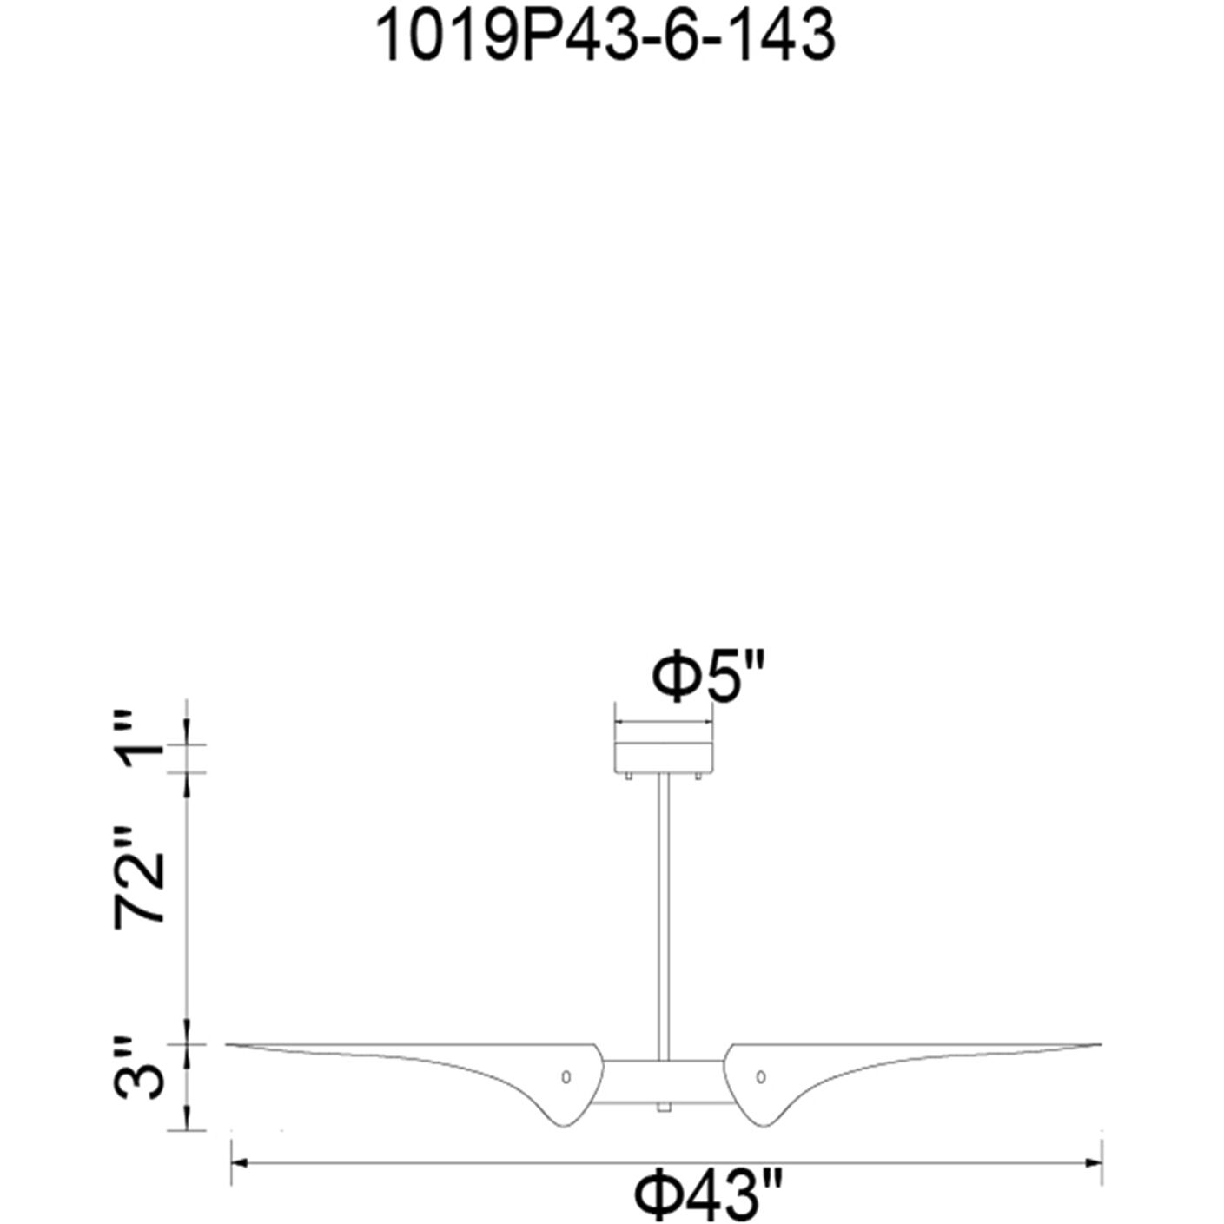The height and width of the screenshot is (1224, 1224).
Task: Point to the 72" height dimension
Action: [x=141, y=888]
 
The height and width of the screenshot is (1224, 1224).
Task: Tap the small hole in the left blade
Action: [x=566, y=1077]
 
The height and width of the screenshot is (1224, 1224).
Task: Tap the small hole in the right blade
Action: [x=761, y=1077]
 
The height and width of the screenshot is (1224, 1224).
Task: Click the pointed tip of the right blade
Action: [x=1099, y=1043]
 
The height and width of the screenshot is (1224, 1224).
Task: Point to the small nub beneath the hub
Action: [x=665, y=1108]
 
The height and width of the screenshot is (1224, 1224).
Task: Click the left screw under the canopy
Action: [x=626, y=778]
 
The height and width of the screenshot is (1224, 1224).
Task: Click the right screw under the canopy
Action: [x=701, y=778]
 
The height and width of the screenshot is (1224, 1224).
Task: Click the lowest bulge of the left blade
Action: [x=562, y=1125]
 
